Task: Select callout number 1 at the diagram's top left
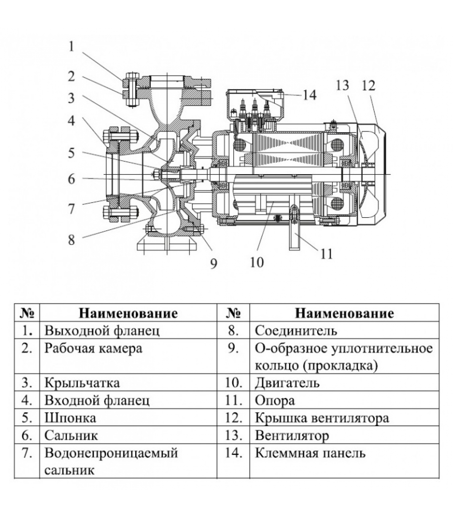click(x=72, y=46)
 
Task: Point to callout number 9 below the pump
click(x=214, y=264)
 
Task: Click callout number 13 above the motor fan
click(x=342, y=85)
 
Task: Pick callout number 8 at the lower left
click(x=72, y=240)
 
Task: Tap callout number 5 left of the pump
click(x=72, y=153)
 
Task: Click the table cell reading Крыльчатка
click(x=82, y=383)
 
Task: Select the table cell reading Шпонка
click(x=70, y=418)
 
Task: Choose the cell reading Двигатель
click(x=287, y=383)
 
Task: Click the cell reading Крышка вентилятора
click(x=322, y=418)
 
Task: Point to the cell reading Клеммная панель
click(x=310, y=453)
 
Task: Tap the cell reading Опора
click(x=275, y=400)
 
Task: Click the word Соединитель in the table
click(x=296, y=331)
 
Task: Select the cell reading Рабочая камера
click(x=93, y=348)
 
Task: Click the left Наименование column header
click(x=128, y=313)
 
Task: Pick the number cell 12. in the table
click(x=234, y=418)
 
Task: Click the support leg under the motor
click(x=294, y=236)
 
